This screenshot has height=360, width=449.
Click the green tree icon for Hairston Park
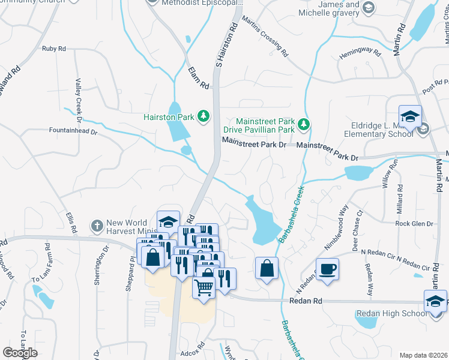[x=204, y=116]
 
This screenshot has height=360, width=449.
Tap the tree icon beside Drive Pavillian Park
[x=304, y=125]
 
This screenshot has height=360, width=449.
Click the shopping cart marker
[x=203, y=287]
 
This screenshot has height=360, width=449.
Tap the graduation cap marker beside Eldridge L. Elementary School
[x=410, y=116]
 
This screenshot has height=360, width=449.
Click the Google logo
[x=20, y=352]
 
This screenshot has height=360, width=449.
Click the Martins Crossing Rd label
[x=265, y=37]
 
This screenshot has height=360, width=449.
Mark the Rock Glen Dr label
[x=414, y=224]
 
